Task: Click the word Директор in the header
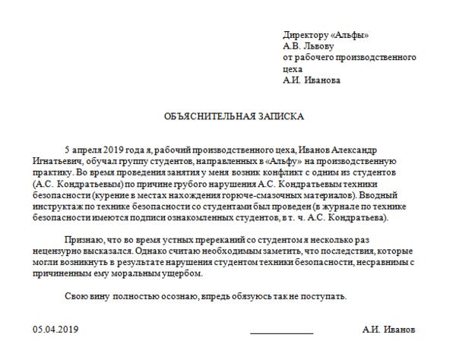(301, 35)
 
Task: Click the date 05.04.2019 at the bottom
(56, 330)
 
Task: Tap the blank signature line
(281, 333)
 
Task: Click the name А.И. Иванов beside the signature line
(388, 330)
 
